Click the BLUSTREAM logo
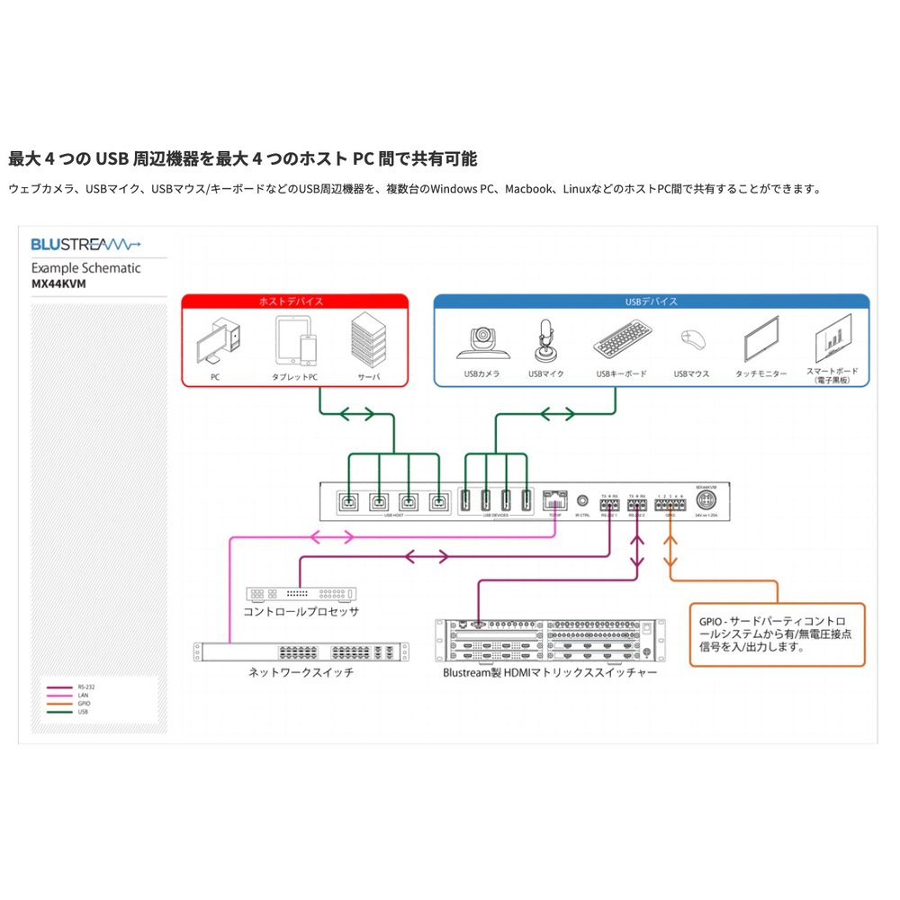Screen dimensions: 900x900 point(86,243)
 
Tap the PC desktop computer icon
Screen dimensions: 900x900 point(217,340)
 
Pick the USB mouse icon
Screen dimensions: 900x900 point(692,340)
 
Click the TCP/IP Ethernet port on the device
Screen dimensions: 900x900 point(554,498)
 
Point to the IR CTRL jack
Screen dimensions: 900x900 point(583,499)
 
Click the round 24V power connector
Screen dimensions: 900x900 point(705,499)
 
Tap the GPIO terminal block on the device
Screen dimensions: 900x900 point(670,505)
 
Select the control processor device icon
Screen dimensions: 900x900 point(301,594)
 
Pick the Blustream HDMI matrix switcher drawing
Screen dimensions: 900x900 point(549,640)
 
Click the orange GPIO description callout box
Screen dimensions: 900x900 point(777,634)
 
